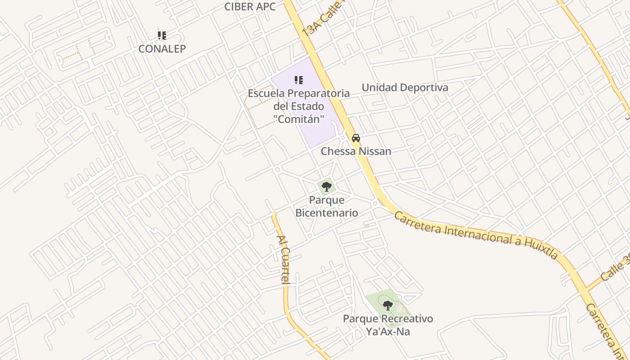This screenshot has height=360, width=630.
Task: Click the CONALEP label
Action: click(x=162, y=49)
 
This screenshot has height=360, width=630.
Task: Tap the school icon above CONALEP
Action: click(x=162, y=36)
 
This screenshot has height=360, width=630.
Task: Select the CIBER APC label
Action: click(x=250, y=6)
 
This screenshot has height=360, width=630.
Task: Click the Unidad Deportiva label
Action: click(x=405, y=87)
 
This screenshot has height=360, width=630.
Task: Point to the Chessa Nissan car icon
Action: click(x=356, y=138)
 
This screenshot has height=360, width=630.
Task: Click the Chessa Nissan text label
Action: click(x=356, y=151)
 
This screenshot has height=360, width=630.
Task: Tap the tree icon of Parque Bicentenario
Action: click(x=327, y=186)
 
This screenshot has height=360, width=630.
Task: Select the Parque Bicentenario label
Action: click(x=327, y=206)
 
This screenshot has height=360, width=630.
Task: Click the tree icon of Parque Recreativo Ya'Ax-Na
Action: click(x=387, y=306)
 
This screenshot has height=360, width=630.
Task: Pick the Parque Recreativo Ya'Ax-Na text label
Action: click(x=388, y=325)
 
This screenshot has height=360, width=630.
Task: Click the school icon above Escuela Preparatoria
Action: click(x=299, y=80)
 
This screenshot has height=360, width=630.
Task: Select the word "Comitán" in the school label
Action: click(x=299, y=119)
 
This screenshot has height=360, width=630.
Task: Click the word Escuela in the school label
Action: click(x=266, y=94)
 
